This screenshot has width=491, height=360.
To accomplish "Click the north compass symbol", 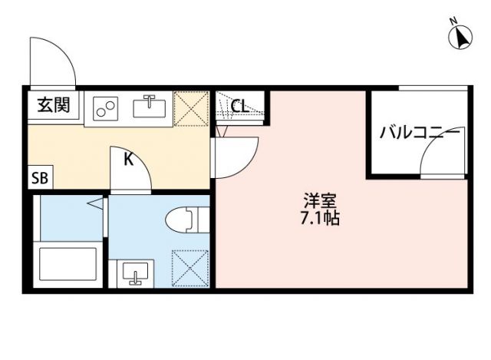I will (463, 36).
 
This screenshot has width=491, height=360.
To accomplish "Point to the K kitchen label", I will (130, 160).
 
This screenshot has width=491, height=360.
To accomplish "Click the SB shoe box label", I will (39, 179).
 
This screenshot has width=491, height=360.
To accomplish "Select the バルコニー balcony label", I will (420, 132).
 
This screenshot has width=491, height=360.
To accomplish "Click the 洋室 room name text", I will (321, 201).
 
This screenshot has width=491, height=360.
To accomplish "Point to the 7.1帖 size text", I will (321, 218).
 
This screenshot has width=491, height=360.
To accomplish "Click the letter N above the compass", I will (454, 20).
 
